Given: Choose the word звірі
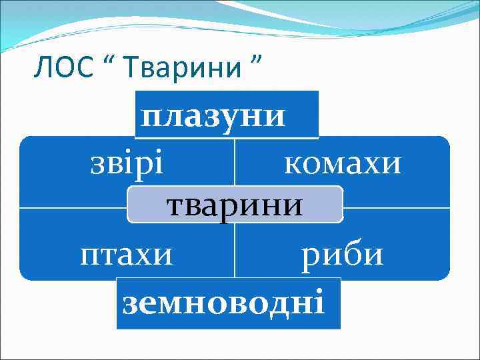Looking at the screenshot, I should pyautogui.click(x=127, y=162).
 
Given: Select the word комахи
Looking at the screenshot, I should pyautogui.click(x=343, y=162).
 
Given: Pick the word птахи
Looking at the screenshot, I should pyautogui.click(x=126, y=254).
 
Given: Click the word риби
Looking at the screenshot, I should pyautogui.click(x=343, y=254).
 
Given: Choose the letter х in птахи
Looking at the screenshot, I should pyautogui.click(x=146, y=255).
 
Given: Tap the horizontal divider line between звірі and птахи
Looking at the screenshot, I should pyautogui.click(x=73, y=208).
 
